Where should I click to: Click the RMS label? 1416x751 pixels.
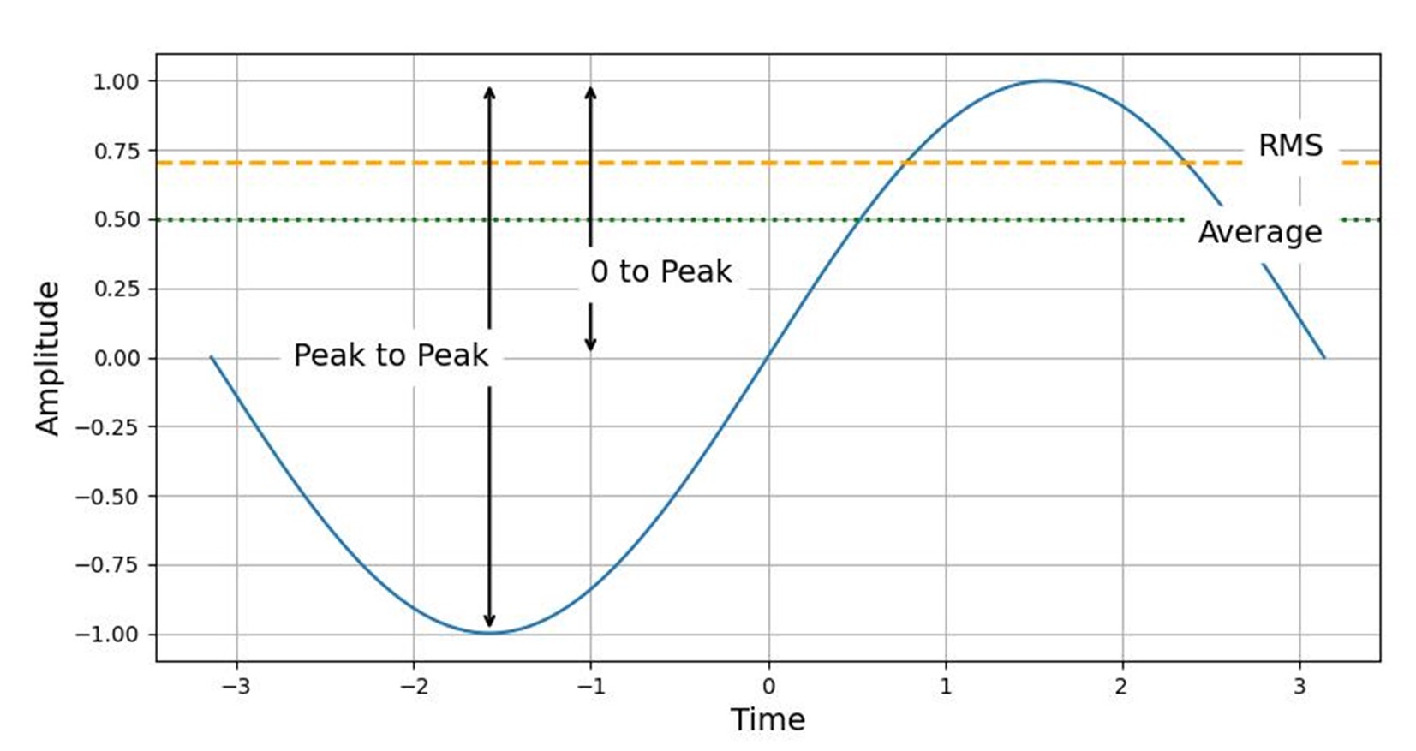[1290, 146]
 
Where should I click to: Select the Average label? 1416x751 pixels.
[1260, 232]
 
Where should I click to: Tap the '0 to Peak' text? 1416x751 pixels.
[660, 271]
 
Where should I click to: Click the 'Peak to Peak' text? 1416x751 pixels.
[391, 355]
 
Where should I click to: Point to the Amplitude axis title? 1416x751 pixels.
[47, 359]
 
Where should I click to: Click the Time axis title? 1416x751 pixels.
[768, 719]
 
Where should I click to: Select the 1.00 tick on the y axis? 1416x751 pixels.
[116, 81]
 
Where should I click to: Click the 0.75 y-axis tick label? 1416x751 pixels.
[116, 151]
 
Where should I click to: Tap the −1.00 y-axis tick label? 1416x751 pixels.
[107, 634]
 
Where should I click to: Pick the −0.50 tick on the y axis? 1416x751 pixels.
[107, 496]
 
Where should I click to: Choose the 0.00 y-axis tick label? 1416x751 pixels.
[116, 359]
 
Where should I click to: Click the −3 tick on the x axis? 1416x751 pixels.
[236, 686]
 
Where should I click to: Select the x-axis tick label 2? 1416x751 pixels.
[1122, 686]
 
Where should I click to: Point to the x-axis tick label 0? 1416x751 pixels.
[768, 686]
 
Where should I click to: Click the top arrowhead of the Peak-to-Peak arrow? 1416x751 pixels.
[489, 92]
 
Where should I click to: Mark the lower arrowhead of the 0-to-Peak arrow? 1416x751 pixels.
[590, 344]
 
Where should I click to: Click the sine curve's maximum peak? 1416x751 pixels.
[1046, 80]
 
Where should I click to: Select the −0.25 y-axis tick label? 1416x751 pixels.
[107, 427]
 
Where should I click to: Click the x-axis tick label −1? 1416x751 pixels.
[591, 686]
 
